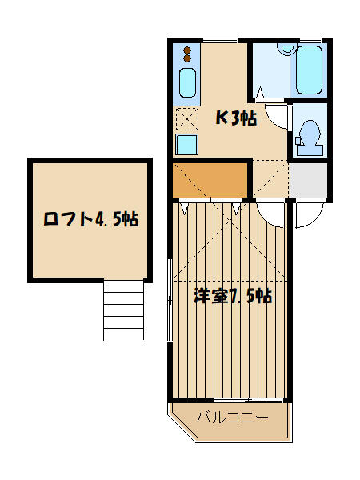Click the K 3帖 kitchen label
tap(236, 118)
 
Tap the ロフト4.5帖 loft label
tap(91, 218)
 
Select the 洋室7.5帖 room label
tap(233, 296)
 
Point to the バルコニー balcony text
tap(232, 418)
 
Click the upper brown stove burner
tap(187, 50)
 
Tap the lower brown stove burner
tap(187, 58)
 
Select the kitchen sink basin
tap(187, 82)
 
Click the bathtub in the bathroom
tap(309, 70)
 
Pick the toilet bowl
tap(309, 134)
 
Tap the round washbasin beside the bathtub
tap(287, 49)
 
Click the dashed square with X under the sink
tap(187, 119)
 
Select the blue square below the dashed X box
tap(186, 144)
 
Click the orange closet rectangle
tap(210, 180)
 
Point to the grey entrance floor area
tap(309, 180)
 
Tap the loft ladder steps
tap(124, 309)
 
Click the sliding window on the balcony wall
tap(248, 400)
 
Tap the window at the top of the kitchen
tap(220, 40)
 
